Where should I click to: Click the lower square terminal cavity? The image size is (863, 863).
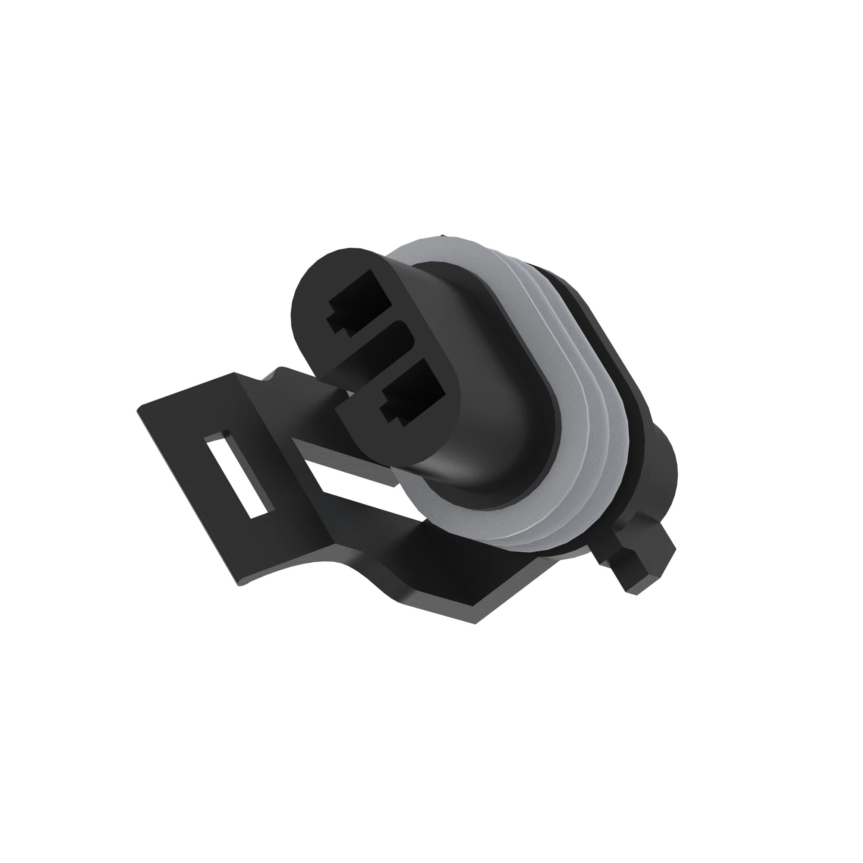click(413, 393)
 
